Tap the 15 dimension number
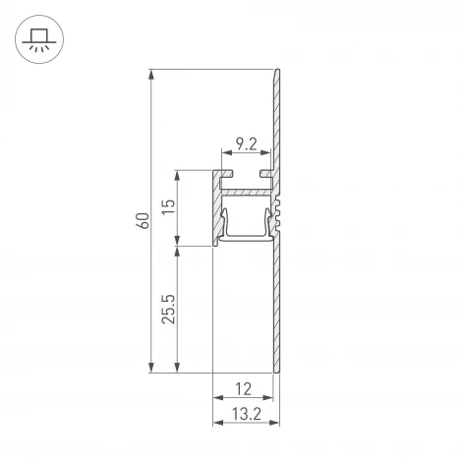click(169, 207)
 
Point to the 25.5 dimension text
click(169, 309)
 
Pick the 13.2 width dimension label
click(242, 417)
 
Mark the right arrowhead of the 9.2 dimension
click(268, 155)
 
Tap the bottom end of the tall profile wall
click(277, 370)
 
